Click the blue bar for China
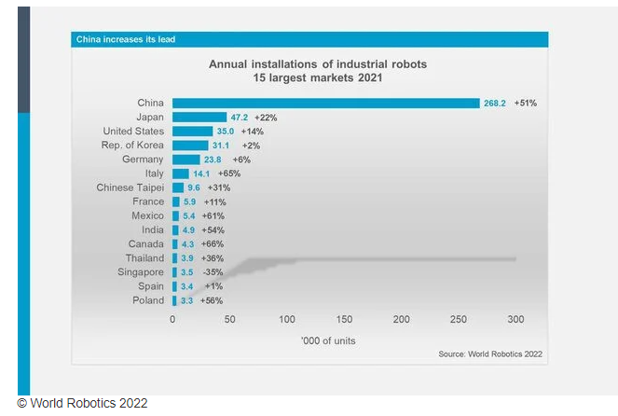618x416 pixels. pyautogui.click(x=326, y=104)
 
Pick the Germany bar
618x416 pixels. pyautogui.click(x=185, y=159)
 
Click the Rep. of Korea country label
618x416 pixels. pyautogui.click(x=132, y=146)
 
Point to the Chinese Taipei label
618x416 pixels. pyautogui.click(x=130, y=187)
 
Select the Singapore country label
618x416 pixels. pyautogui.click(x=138, y=272)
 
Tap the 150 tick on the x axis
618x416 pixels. pyautogui.click(x=344, y=319)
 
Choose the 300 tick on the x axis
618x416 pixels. pyautogui.click(x=515, y=319)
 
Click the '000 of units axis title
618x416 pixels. pyautogui.click(x=328, y=340)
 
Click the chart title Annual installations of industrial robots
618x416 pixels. pyautogui.click(x=311, y=64)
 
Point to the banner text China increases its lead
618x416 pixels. pyautogui.click(x=126, y=39)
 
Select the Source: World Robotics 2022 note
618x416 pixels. pyautogui.click(x=490, y=354)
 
